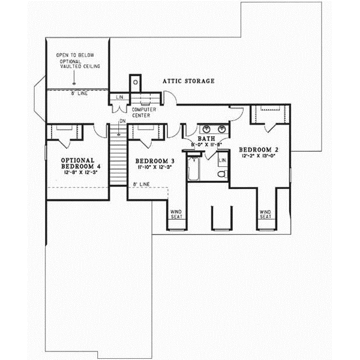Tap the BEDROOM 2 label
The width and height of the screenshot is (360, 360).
tap(259, 149)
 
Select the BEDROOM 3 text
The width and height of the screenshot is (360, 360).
tap(154, 161)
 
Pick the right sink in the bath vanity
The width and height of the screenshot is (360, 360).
tap(221, 128)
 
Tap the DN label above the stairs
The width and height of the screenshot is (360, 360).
tap(122, 122)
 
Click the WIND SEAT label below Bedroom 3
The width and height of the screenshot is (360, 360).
tap(176, 214)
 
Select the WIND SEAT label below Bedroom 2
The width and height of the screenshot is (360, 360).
tap(265, 214)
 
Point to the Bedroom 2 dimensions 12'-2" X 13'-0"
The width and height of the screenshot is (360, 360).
tap(259, 156)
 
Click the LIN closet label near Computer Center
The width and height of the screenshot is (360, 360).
tap(119, 97)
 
